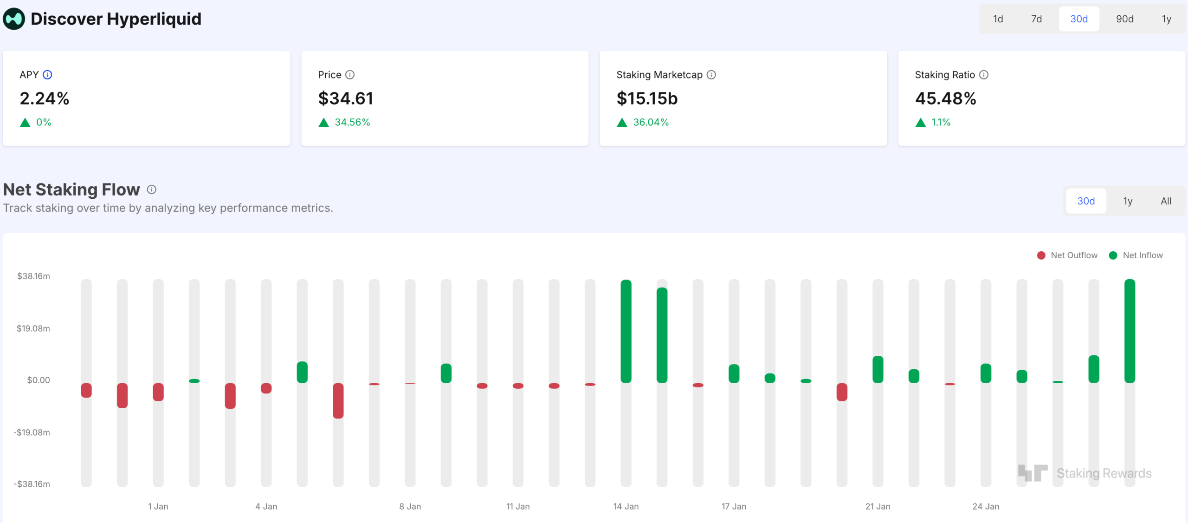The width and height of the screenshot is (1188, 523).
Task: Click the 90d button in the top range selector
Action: [x=1124, y=19]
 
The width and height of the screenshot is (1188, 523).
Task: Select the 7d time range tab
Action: [x=1036, y=19]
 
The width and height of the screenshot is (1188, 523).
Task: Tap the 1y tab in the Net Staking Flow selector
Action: [x=1128, y=201]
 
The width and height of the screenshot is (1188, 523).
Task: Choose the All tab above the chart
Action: [x=1166, y=201]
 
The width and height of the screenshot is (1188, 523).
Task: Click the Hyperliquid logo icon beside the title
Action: [x=14, y=19]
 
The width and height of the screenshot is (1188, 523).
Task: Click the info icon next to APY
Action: [x=47, y=75]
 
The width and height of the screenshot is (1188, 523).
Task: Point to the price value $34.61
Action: [x=345, y=98]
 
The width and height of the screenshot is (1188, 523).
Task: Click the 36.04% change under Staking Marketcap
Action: [x=651, y=122]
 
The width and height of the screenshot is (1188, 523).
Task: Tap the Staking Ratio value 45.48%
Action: [x=945, y=98]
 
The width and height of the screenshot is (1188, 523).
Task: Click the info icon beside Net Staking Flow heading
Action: [x=151, y=190]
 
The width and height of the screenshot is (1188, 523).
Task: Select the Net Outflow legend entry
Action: [x=1067, y=255]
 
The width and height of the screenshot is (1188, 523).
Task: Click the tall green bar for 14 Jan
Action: [x=626, y=331]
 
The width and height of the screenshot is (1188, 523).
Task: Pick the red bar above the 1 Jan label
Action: [x=158, y=392]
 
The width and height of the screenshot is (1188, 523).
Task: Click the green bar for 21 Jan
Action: [x=878, y=369]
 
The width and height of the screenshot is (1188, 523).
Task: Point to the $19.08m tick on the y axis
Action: [x=33, y=328]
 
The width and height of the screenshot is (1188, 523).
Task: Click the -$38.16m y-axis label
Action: [x=32, y=484]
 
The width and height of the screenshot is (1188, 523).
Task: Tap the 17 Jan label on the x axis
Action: [x=734, y=506]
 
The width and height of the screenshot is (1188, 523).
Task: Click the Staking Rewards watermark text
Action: [x=1104, y=473]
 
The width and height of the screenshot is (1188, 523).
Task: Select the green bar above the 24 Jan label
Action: [x=986, y=373]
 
